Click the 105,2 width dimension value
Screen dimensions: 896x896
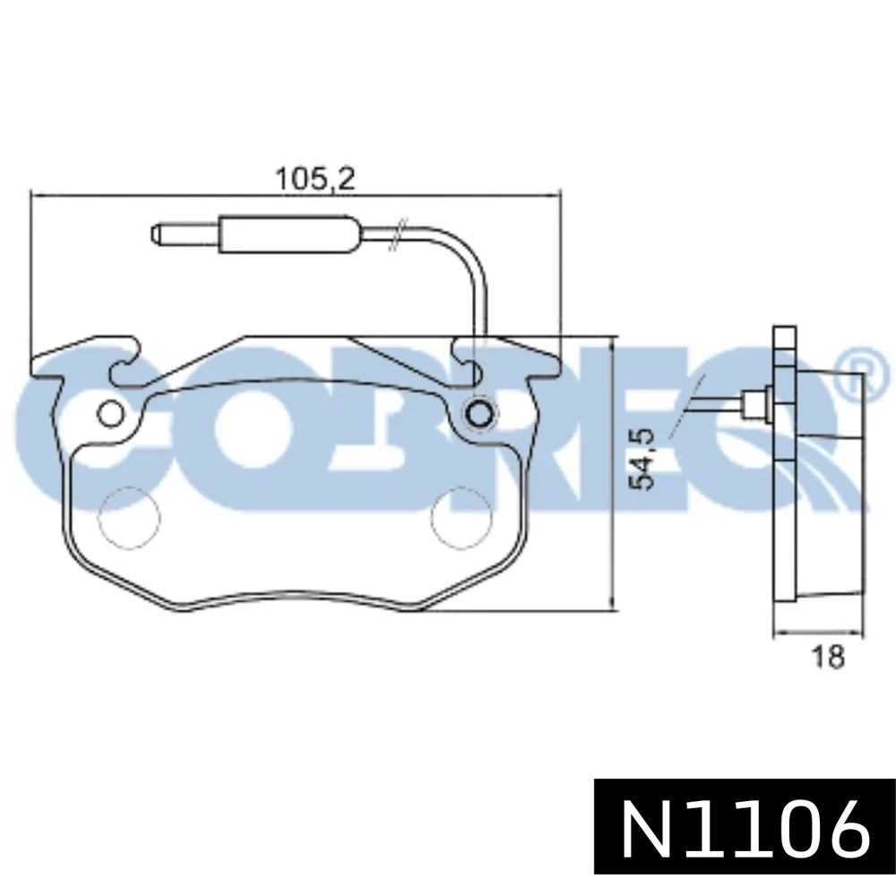pos(314,179)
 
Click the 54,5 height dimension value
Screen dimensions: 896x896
pos(642,460)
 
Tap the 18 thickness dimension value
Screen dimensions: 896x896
pos(828,656)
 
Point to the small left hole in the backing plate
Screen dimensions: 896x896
pos(110,413)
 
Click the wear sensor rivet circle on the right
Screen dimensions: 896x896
pos(478,412)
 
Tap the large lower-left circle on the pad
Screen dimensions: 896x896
pos(129,519)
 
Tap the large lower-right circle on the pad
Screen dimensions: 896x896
pos(461,519)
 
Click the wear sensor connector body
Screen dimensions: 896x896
pos(289,235)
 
